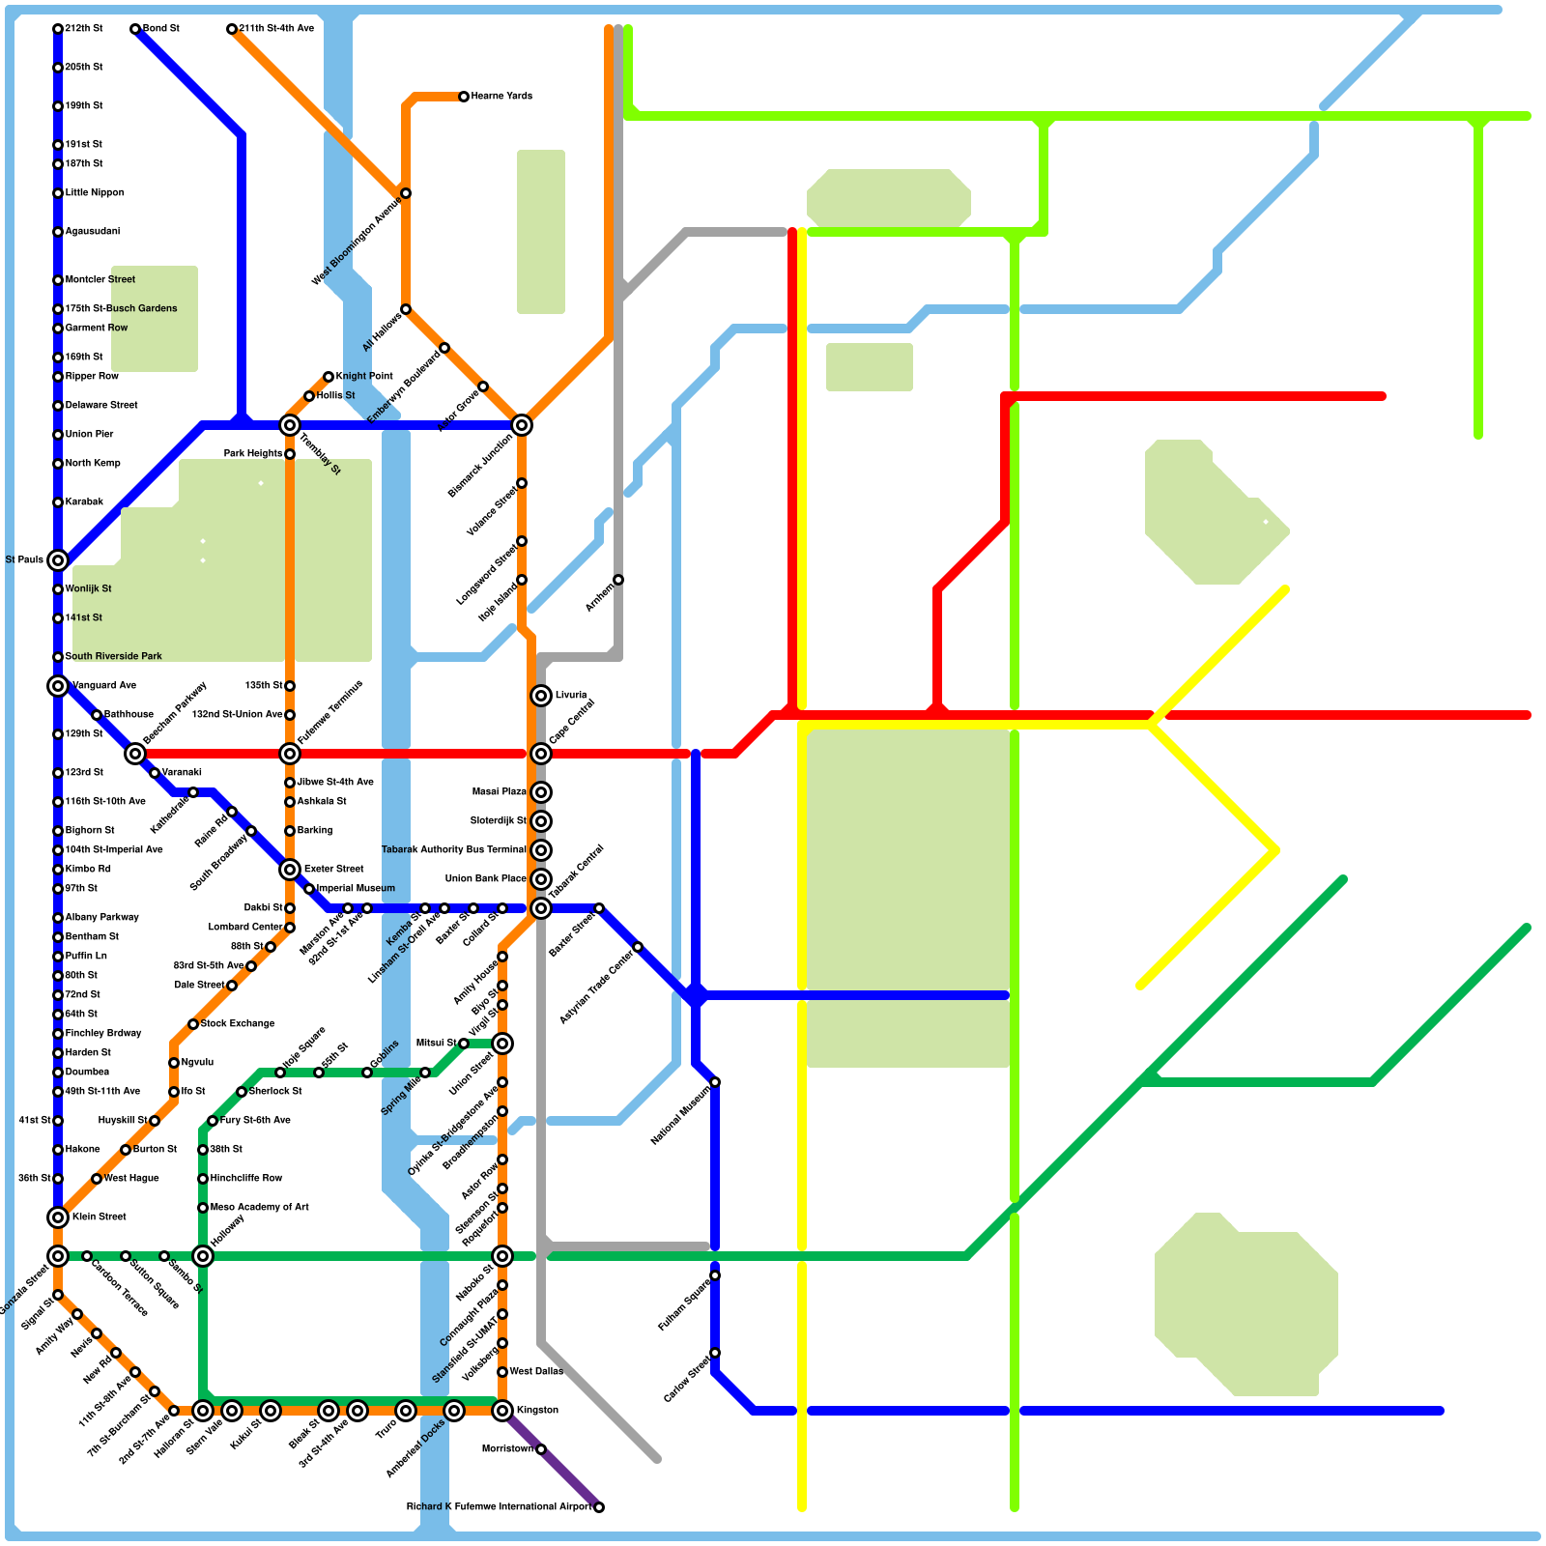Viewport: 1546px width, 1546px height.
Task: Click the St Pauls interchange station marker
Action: pos(58,560)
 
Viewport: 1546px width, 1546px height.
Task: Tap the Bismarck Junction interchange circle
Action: pos(522,425)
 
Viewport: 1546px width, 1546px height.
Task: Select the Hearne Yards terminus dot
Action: pos(464,97)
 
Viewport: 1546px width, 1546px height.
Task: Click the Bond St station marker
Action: pos(135,29)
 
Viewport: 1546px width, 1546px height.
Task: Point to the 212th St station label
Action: pos(84,29)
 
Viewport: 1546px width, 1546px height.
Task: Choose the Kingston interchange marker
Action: pos(502,1411)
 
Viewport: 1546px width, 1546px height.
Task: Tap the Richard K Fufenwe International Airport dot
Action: pos(599,1507)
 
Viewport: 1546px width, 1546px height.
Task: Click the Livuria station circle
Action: pos(541,696)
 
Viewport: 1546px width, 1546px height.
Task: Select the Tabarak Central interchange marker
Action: pos(541,908)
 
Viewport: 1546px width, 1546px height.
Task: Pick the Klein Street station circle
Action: pos(58,1217)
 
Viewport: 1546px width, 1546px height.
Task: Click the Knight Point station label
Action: pos(364,377)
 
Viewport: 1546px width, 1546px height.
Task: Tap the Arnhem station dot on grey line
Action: pos(618,580)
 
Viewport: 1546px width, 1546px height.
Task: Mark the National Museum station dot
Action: pos(715,1082)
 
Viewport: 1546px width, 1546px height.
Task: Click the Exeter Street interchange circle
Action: pos(290,870)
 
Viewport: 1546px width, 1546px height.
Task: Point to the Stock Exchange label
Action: pos(237,1024)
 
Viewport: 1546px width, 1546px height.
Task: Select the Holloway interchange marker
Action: pos(203,1256)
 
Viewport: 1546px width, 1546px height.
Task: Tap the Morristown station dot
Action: pos(541,1449)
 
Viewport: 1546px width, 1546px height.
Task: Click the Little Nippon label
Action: pos(95,193)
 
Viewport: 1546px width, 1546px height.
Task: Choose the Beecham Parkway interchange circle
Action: pos(135,754)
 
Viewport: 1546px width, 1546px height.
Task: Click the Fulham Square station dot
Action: pos(715,1275)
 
